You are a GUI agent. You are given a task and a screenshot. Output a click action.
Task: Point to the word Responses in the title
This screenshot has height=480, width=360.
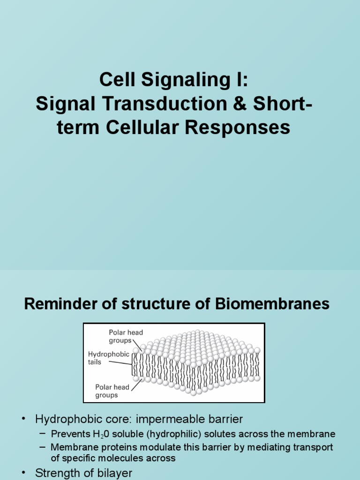coord(245,127)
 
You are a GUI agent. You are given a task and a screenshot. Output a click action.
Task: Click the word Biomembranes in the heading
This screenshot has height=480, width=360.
coord(273,305)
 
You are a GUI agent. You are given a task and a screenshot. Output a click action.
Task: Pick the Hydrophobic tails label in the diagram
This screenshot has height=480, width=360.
coord(108,358)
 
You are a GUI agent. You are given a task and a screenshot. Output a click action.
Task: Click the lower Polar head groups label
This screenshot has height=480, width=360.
coord(113,391)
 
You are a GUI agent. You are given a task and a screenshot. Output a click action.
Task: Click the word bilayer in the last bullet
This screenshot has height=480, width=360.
coord(112,473)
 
